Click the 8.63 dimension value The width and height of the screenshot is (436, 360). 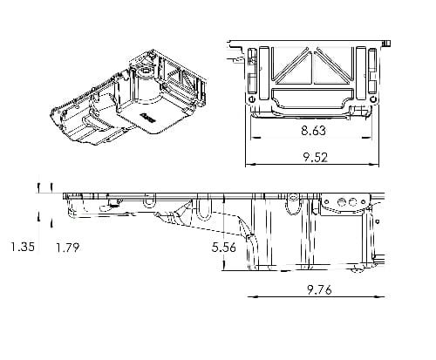313,130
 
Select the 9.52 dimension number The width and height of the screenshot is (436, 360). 316,157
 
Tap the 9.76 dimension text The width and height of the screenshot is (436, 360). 319,290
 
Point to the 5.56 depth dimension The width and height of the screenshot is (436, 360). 224,248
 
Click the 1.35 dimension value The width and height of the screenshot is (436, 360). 23,247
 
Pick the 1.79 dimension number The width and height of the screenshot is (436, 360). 67,248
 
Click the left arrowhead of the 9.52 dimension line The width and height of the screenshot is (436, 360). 250,165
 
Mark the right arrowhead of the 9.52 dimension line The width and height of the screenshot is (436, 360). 374,165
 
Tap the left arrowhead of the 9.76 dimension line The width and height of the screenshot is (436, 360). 253,297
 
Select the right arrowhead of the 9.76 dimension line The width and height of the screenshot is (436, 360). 379,297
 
